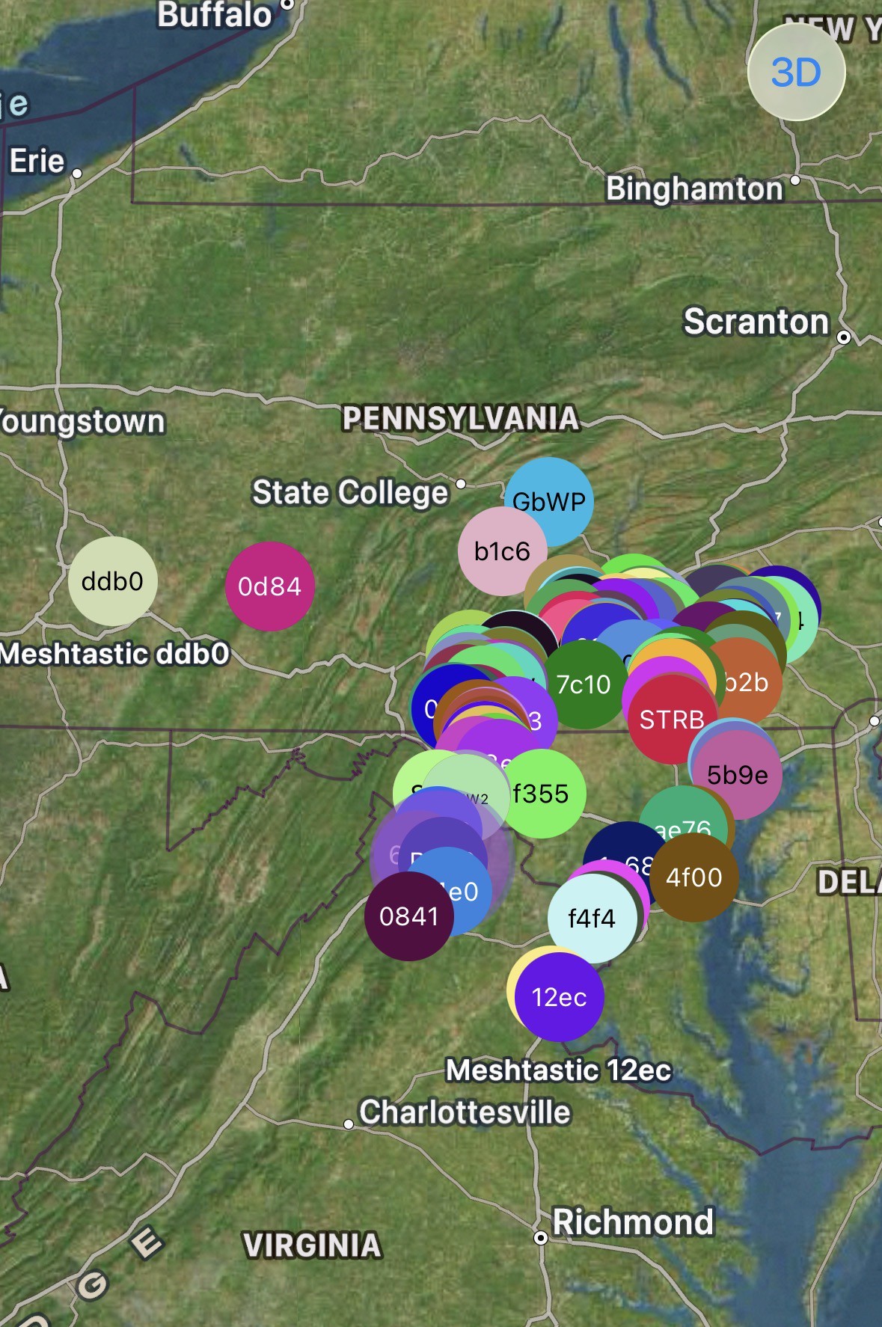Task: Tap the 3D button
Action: tap(796, 73)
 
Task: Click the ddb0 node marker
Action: tap(112, 581)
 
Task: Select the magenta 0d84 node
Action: tap(269, 586)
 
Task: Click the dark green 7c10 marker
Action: tap(584, 684)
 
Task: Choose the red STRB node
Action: tap(671, 719)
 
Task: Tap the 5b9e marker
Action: tap(737, 775)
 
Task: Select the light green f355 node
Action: tap(542, 794)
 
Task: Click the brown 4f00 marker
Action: tap(694, 877)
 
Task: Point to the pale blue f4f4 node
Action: tap(592, 918)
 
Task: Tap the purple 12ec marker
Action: tap(560, 997)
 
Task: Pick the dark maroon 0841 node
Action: tap(408, 916)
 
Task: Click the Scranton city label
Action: tap(756, 322)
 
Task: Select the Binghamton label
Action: tap(693, 189)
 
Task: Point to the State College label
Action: tap(350, 493)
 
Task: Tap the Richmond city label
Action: tap(633, 1222)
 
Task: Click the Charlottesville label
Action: tap(465, 1112)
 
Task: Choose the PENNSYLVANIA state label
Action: tap(460, 418)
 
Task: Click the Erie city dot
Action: tap(76, 174)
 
